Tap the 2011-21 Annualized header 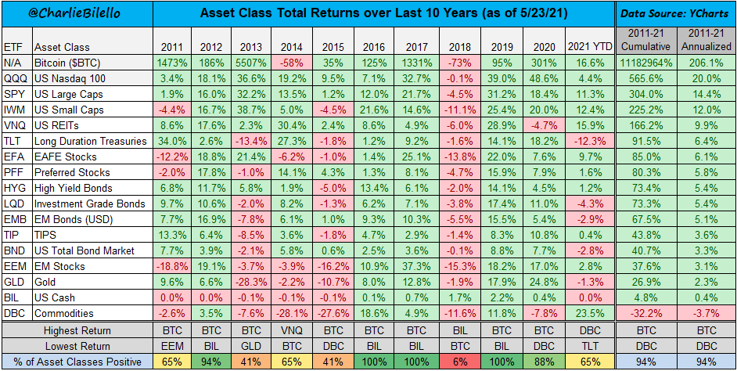706,39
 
